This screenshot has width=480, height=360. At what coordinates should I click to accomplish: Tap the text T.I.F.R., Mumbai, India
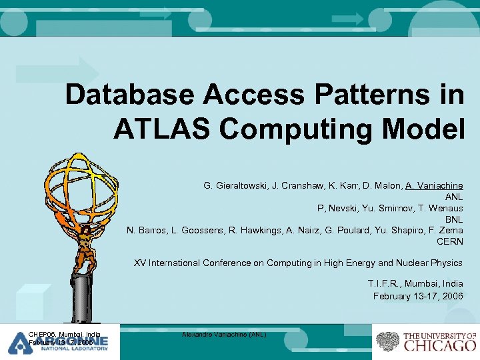(x=415, y=284)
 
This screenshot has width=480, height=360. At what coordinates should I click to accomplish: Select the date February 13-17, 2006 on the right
(x=418, y=295)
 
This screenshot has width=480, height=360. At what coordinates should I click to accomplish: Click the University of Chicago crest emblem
(x=387, y=341)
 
